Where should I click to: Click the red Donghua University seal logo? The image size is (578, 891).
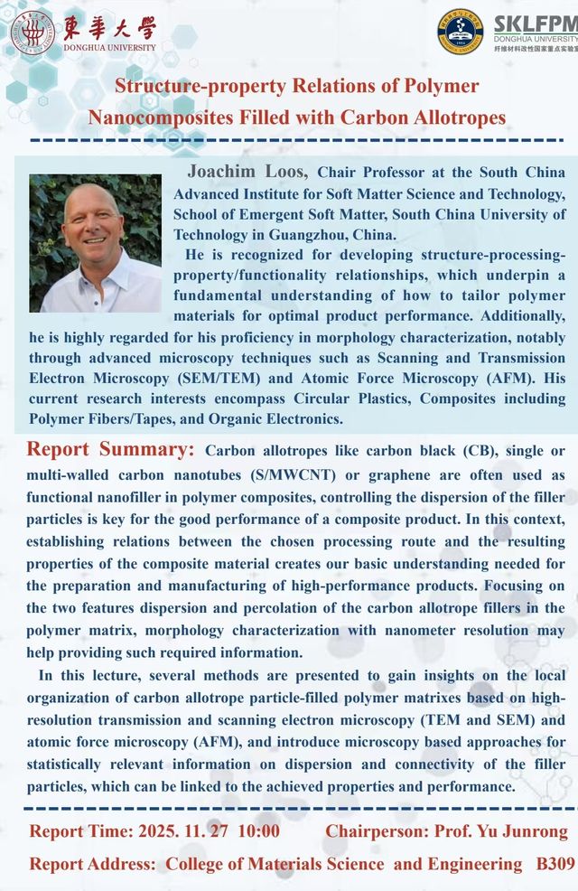(32, 33)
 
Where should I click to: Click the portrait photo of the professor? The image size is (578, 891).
(95, 243)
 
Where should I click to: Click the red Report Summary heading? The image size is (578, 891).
(110, 450)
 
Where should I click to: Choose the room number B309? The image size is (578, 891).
(555, 864)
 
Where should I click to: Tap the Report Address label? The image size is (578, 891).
(92, 864)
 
